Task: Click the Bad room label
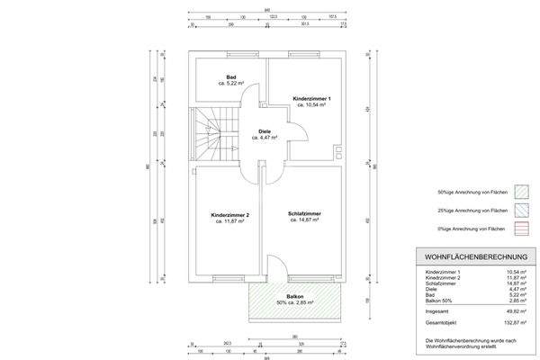(232, 77)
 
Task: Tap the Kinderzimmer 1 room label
(312, 98)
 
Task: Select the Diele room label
(264, 131)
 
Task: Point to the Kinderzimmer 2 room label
(229, 216)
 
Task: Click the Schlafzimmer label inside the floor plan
(305, 213)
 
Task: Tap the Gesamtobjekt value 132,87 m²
(513, 320)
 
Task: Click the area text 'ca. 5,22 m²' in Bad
(232, 84)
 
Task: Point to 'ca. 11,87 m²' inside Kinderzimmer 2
(229, 221)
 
